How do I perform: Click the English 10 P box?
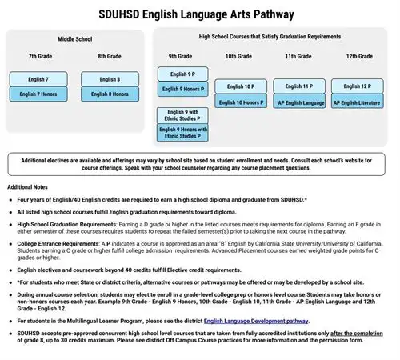(x=240, y=86)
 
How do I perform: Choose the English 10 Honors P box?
(x=240, y=102)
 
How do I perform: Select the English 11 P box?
(x=298, y=86)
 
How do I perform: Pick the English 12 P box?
(x=357, y=86)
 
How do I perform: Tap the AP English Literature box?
(x=357, y=102)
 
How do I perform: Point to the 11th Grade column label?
(x=298, y=57)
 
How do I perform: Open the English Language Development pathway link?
(x=255, y=321)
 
